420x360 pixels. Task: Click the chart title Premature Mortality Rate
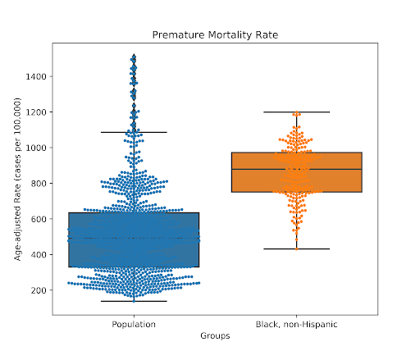pyautogui.click(x=215, y=35)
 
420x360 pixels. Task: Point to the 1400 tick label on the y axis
pyautogui.click(x=36, y=76)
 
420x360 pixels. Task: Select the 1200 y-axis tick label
pyautogui.click(x=36, y=112)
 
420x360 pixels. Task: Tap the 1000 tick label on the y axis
pyautogui.click(x=36, y=148)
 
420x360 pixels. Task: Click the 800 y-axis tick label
pyautogui.click(x=39, y=184)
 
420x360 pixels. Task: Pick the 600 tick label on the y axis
pyautogui.click(x=39, y=219)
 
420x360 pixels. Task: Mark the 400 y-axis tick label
pyautogui.click(x=39, y=254)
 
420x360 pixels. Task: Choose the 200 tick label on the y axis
pyautogui.click(x=39, y=290)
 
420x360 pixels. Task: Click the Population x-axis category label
pyautogui.click(x=134, y=325)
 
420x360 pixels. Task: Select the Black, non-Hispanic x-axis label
pyautogui.click(x=296, y=325)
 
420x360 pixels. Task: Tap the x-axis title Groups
pyautogui.click(x=215, y=336)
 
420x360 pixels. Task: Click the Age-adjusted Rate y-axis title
pyautogui.click(x=17, y=179)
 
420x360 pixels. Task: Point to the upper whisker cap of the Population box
pyautogui.click(x=134, y=132)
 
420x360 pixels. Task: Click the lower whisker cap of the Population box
pyautogui.click(x=134, y=301)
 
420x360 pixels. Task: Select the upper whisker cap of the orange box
pyautogui.click(x=297, y=112)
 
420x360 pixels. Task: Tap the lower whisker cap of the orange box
pyautogui.click(x=297, y=249)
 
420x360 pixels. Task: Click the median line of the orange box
pyautogui.click(x=297, y=170)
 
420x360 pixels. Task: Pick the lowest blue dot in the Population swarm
pyautogui.click(x=134, y=301)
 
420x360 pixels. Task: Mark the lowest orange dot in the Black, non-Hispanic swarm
pyautogui.click(x=297, y=249)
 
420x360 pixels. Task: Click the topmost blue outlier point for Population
pyautogui.click(x=134, y=56)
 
